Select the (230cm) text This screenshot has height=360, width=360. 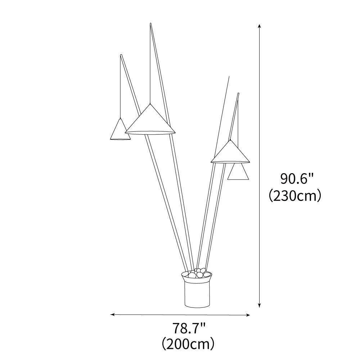pyautogui.click(x=295, y=196)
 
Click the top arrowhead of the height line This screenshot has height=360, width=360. pyautogui.click(x=259, y=26)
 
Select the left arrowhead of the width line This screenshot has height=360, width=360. pyautogui.click(x=112, y=315)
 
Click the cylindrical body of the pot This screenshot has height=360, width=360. pyautogui.click(x=197, y=294)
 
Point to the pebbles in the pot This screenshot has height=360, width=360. pyautogui.click(x=197, y=274)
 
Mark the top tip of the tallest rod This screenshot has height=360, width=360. pyautogui.click(x=150, y=24)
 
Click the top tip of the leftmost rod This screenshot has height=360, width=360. pyautogui.click(x=121, y=55)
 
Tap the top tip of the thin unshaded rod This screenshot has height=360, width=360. pyautogui.click(x=229, y=77)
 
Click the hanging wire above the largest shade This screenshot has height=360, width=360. pyautogui.click(x=150, y=65)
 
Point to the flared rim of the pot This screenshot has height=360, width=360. pyautogui.click(x=197, y=278)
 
